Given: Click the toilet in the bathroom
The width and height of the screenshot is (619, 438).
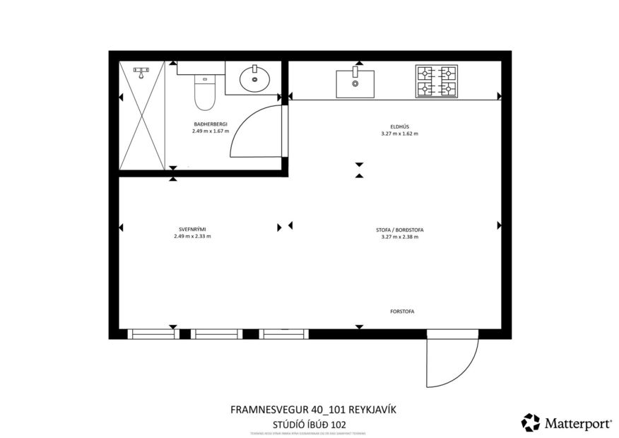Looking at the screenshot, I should click(x=204, y=94).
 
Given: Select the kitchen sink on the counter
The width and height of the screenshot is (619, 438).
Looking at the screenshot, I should click(x=355, y=83).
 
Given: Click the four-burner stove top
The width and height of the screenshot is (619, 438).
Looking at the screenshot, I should click(x=436, y=81).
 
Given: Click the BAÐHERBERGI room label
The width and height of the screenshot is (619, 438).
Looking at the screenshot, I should click(x=211, y=124).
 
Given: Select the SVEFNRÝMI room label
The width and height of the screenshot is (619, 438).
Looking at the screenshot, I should click(x=192, y=230).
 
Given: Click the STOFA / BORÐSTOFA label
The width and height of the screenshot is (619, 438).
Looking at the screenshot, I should click(x=399, y=230).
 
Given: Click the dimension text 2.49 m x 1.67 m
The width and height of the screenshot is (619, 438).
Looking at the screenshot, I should click(x=211, y=131).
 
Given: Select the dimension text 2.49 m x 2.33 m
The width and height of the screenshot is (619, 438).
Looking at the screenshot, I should click(x=192, y=237).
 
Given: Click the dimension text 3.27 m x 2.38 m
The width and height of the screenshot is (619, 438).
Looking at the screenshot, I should click(x=399, y=237).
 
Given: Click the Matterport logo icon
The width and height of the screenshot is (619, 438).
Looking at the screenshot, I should click(x=530, y=422).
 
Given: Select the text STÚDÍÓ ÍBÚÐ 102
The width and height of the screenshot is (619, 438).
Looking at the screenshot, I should click(x=309, y=425).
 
